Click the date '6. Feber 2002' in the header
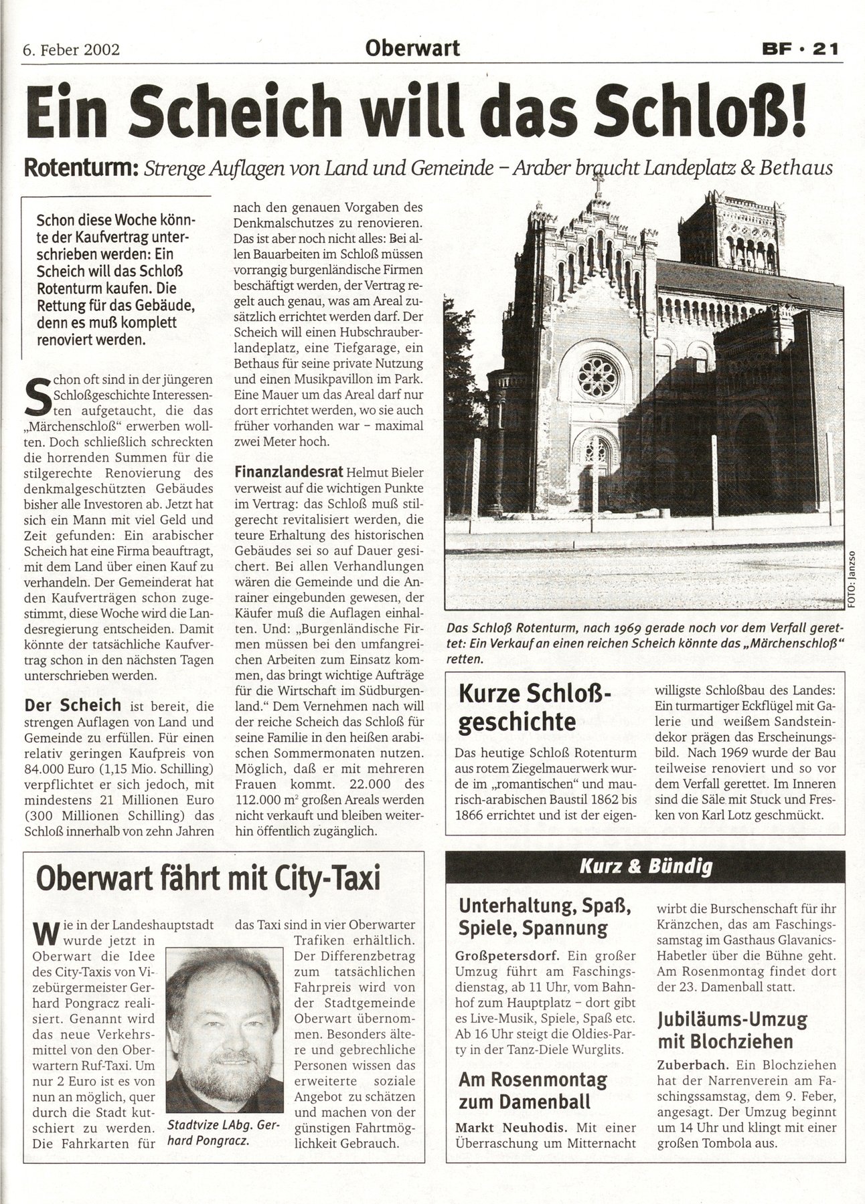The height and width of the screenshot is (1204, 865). click(x=71, y=50)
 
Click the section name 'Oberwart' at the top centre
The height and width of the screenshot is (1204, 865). click(x=412, y=49)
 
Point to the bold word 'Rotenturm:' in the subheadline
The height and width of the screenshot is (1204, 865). click(x=78, y=168)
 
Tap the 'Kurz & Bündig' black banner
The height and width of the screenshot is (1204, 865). click(x=645, y=866)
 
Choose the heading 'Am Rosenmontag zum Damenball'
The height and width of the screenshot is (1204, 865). click(x=532, y=1090)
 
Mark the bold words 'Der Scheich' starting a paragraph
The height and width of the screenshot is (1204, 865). click(x=72, y=705)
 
